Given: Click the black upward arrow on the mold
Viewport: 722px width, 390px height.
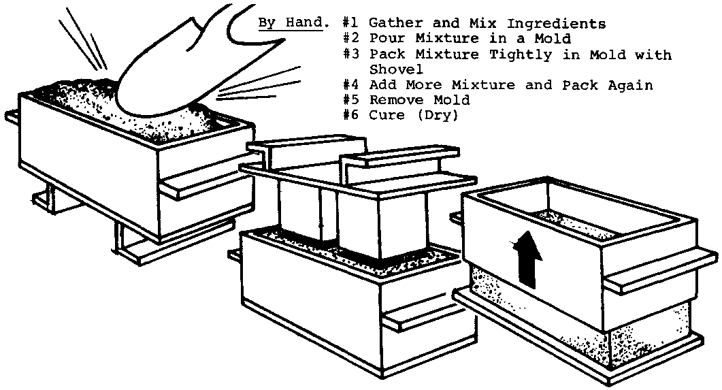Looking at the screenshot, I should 527,259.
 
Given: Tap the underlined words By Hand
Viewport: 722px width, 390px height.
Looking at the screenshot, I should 290,22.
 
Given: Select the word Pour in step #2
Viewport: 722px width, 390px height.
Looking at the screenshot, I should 388,39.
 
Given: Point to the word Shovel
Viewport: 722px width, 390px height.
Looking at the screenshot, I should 396,69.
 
